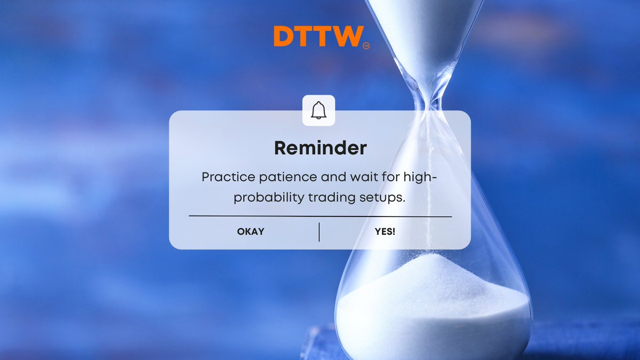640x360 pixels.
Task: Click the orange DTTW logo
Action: pos(318,36)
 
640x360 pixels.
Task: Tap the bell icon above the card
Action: pos(318,110)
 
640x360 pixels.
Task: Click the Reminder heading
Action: pos(320,148)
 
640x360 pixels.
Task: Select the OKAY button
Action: pos(251,231)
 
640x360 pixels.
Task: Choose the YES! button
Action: pos(385,231)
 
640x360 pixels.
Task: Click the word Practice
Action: pos(224,178)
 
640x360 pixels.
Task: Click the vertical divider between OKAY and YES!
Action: pos(319,232)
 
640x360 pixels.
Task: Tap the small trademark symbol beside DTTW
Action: pos(366,46)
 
